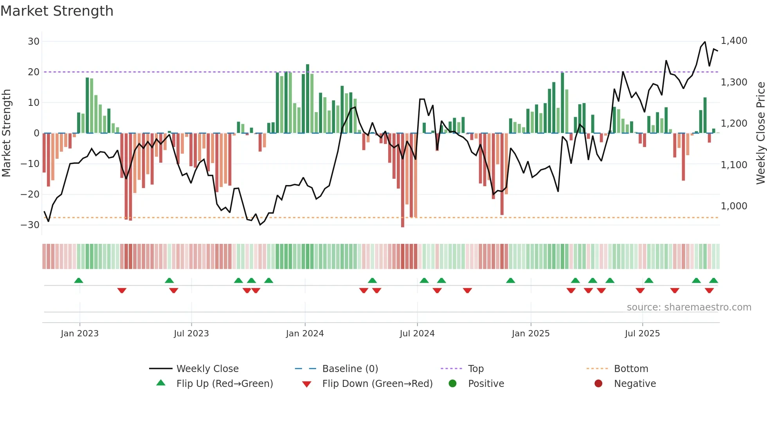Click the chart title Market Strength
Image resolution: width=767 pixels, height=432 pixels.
(x=57, y=11)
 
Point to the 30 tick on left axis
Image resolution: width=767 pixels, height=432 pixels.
(x=34, y=42)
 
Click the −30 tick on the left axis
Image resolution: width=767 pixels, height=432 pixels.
(x=30, y=225)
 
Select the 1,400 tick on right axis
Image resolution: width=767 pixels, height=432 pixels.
(x=734, y=41)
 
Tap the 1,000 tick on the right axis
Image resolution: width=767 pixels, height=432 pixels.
(x=734, y=206)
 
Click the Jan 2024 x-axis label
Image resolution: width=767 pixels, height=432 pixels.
(x=305, y=334)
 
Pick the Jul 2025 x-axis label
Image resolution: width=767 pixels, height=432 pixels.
(x=642, y=334)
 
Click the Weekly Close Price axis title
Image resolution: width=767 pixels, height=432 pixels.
(x=760, y=133)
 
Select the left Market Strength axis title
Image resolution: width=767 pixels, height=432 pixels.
(x=6, y=133)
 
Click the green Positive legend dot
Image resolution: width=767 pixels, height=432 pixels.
(x=453, y=384)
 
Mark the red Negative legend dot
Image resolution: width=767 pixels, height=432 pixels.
(x=598, y=384)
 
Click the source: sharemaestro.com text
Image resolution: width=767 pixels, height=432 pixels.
(x=689, y=307)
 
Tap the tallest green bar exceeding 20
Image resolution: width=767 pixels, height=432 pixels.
(x=308, y=98)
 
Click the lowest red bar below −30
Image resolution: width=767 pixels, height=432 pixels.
(x=403, y=180)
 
